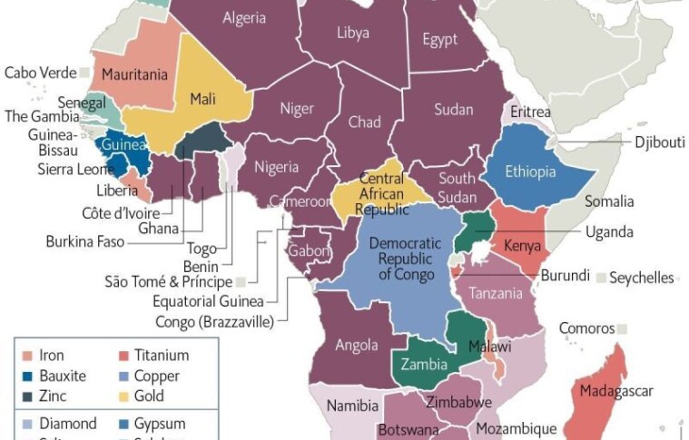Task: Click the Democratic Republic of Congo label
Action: tap(404, 259)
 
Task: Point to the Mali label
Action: tap(202, 99)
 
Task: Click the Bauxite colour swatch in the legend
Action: tap(27, 376)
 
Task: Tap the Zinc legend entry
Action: tap(54, 396)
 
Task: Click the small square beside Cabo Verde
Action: tap(84, 72)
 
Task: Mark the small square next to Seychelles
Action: tap(602, 278)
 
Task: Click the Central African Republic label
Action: tap(381, 193)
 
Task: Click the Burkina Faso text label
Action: tap(84, 241)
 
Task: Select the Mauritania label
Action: tap(134, 73)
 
